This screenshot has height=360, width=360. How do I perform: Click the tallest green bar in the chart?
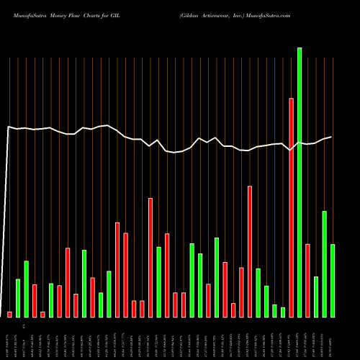click(x=300, y=180)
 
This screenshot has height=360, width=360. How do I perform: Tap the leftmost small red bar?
click(x=10, y=314)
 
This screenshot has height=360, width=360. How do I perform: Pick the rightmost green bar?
click(x=333, y=280)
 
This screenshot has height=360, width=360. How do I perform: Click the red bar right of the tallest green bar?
click(x=307, y=280)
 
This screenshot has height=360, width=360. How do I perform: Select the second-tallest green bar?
click(x=325, y=264)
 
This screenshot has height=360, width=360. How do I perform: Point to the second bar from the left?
click(x=18, y=297)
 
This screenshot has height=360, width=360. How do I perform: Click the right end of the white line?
click(x=331, y=137)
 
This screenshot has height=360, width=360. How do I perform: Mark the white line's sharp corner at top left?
click(x=8, y=127)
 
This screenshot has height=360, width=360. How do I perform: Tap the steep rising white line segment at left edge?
click(x=5, y=216)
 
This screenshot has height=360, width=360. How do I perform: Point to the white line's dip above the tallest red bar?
click(x=291, y=150)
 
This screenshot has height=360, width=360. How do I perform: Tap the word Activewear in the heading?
click(x=211, y=14)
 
